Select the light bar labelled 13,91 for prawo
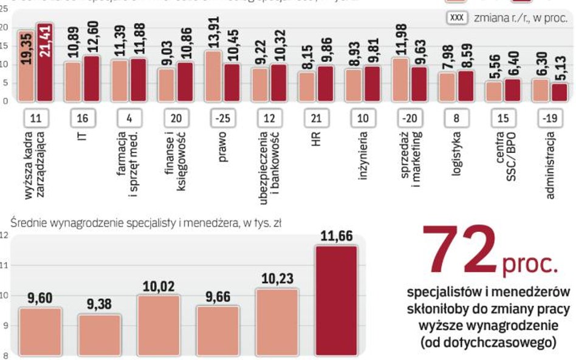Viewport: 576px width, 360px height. coord(213,76)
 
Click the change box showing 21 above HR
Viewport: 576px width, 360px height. coord(316,118)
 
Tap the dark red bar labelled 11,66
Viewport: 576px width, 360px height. coord(336,301)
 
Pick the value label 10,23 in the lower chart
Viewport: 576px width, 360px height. coord(276,279)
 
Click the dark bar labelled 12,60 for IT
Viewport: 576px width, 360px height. coord(91,78)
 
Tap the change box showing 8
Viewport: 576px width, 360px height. coord(456,118)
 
